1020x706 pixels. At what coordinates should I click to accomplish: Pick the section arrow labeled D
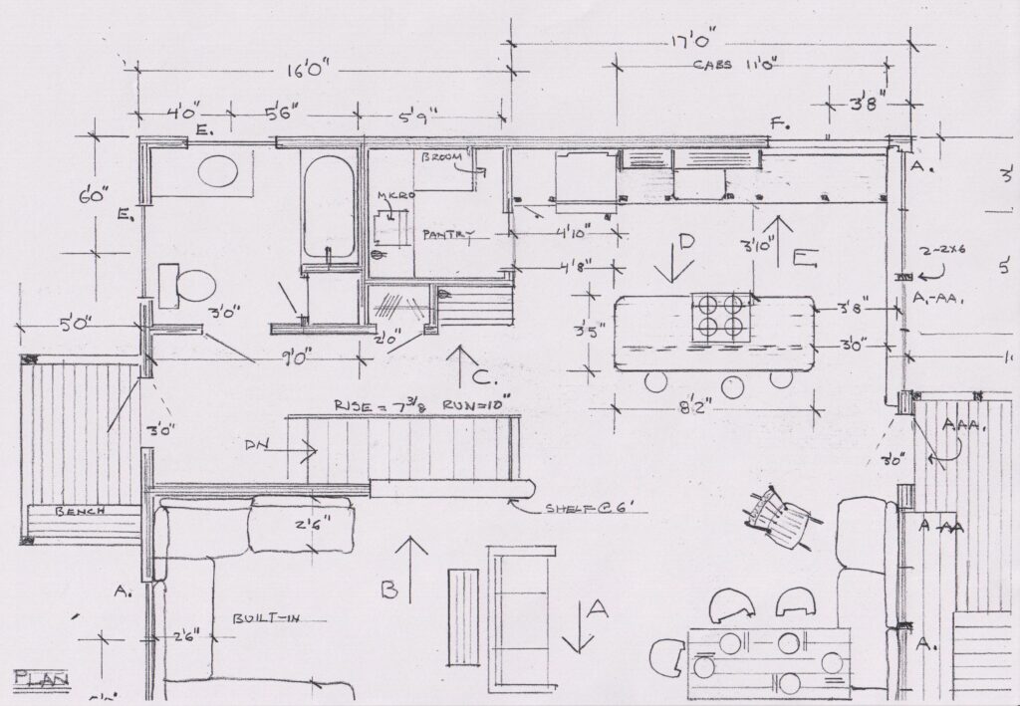pyautogui.click(x=683, y=257)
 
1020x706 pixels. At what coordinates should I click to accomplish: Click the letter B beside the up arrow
pyautogui.click(x=391, y=589)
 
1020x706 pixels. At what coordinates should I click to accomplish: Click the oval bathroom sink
pyautogui.click(x=219, y=172)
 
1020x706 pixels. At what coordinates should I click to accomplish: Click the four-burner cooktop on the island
pyautogui.click(x=719, y=316)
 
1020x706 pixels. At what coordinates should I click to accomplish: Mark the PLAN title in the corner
pyautogui.click(x=40, y=678)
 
